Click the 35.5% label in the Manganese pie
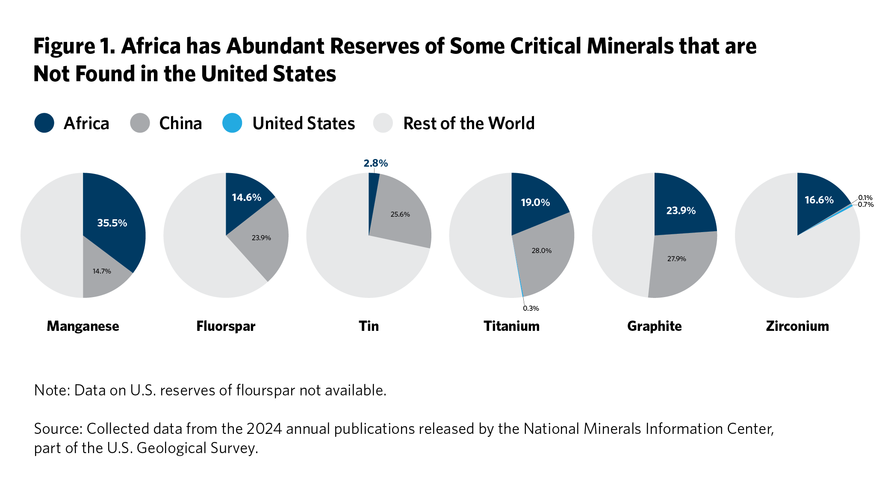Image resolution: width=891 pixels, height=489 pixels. point(112,223)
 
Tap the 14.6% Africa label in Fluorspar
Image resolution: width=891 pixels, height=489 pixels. point(247,197)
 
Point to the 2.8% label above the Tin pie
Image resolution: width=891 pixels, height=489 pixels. point(376,163)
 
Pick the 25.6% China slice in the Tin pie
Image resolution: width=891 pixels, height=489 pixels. point(400,214)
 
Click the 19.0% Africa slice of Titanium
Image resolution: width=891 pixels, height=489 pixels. point(535,202)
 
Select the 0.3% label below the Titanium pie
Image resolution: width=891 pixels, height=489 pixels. point(531,308)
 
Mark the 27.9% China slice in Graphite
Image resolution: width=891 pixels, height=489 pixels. point(677,259)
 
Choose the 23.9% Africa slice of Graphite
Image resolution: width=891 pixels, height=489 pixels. point(681,210)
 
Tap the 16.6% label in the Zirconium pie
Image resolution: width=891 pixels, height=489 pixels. point(819,200)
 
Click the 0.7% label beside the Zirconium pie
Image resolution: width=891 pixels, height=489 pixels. point(866,205)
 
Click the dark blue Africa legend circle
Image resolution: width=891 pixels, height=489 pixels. point(44,123)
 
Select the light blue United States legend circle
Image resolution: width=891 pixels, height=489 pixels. point(232,123)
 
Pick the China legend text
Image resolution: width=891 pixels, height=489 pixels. point(180,123)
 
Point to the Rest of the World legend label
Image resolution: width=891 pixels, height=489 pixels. point(469,123)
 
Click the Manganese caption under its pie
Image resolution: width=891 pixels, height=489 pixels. point(83,326)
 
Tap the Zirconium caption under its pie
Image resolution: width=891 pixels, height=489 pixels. point(797,326)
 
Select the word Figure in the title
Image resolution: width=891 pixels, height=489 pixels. point(65,46)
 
